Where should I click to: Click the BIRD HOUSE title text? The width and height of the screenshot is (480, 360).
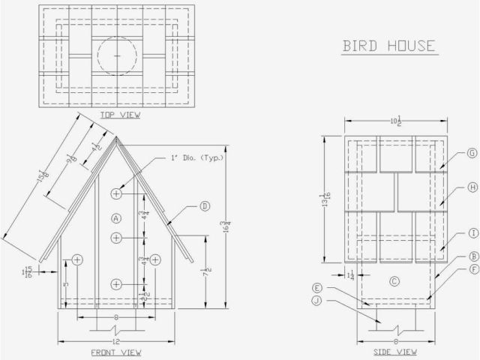click(389, 46)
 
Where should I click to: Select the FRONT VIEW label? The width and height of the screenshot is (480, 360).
click(117, 352)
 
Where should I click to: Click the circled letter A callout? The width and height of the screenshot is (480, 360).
click(115, 218)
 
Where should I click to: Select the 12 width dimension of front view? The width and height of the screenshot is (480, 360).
click(117, 341)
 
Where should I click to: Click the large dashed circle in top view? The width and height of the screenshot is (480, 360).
click(117, 56)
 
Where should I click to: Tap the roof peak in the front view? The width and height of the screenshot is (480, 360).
click(116, 136)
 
